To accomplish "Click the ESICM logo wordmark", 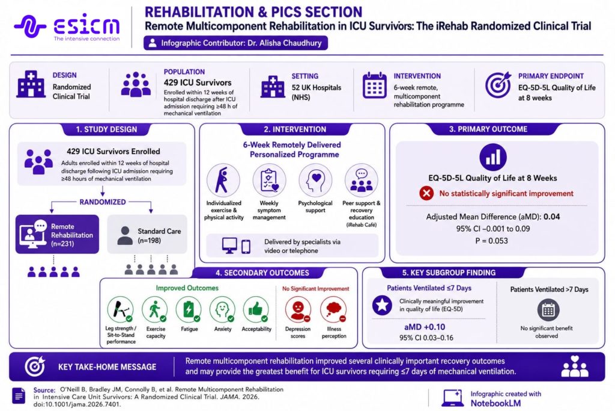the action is coord(86,25).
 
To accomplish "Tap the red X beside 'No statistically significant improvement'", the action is coord(426,193).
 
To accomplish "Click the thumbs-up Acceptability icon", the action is coord(256,310).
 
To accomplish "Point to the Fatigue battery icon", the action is coord(189,310).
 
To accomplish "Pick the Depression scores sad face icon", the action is coord(298,310).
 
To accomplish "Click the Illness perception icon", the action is coord(333,310).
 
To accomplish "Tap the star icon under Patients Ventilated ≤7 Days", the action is coord(382,305).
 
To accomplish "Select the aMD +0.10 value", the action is coord(425,327).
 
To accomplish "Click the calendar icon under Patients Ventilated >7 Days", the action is coord(548,310).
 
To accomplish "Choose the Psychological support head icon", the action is coord(315,181).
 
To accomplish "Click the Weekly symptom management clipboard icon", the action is coord(269,181).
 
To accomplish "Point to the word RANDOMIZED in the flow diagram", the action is coord(103,202).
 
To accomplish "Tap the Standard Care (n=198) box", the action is coord(147,234).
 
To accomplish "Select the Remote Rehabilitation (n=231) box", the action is coord(57,234).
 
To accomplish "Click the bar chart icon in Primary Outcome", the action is coord(493,157).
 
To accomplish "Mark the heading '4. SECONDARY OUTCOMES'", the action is coord(262,273).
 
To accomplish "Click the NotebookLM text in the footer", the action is coord(495,403).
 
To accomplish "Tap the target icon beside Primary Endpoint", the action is coord(498,85).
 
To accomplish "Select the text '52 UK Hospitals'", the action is coord(317,88).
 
